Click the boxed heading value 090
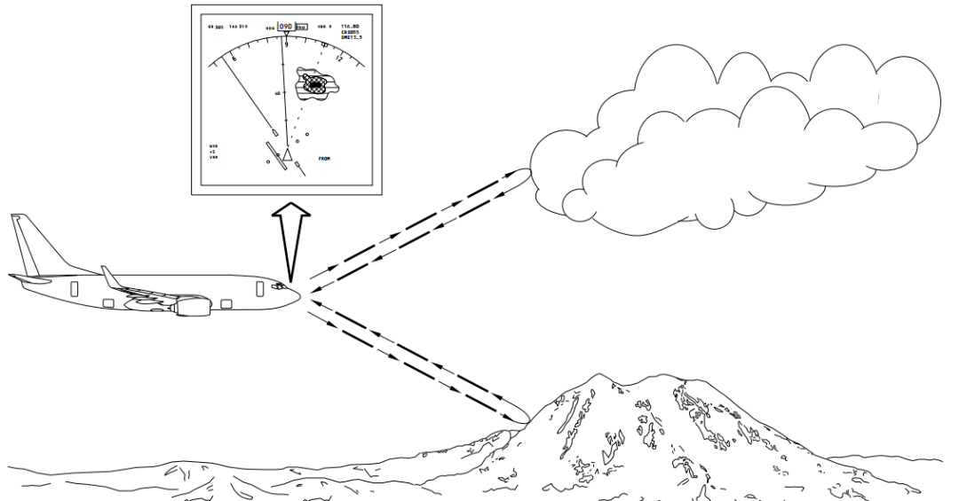click(x=286, y=27)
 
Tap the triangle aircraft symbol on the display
click(x=288, y=155)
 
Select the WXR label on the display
click(x=213, y=145)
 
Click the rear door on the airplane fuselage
click(x=74, y=289)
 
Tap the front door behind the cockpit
click(x=259, y=289)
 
